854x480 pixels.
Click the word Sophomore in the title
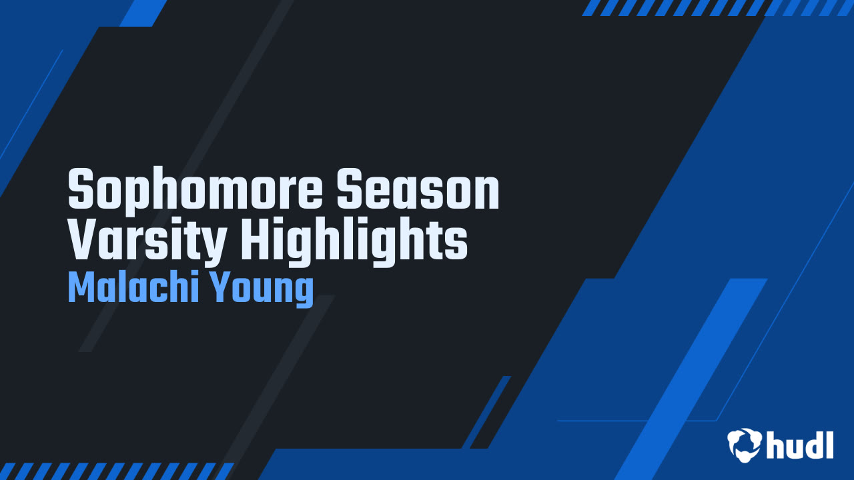coord(195,190)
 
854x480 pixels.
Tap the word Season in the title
coord(418,189)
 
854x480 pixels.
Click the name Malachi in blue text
coord(133,287)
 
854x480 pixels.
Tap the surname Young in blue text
coord(262,289)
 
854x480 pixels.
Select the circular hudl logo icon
coord(744,445)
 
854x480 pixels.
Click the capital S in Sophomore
coord(81,189)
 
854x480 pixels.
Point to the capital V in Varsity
coord(81,239)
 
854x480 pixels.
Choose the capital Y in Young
coord(222,287)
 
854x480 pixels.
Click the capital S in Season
coord(350,189)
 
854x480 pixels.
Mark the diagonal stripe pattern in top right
coord(717,8)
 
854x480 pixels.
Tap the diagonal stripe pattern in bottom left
coord(116,471)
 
